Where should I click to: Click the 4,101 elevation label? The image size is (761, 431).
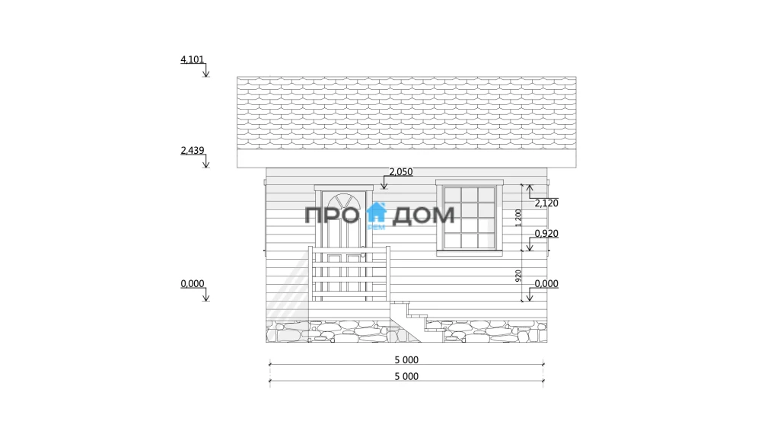193,59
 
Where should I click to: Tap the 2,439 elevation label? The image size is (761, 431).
193,150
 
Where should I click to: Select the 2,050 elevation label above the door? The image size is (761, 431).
401,171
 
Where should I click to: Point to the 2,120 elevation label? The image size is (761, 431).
546,203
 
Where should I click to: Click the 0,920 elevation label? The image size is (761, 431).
546,233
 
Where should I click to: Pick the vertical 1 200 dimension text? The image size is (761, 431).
518,218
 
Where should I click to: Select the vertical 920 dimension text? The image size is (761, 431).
518,276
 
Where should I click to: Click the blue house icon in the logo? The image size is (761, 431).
376,212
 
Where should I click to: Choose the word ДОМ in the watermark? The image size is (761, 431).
423,215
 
